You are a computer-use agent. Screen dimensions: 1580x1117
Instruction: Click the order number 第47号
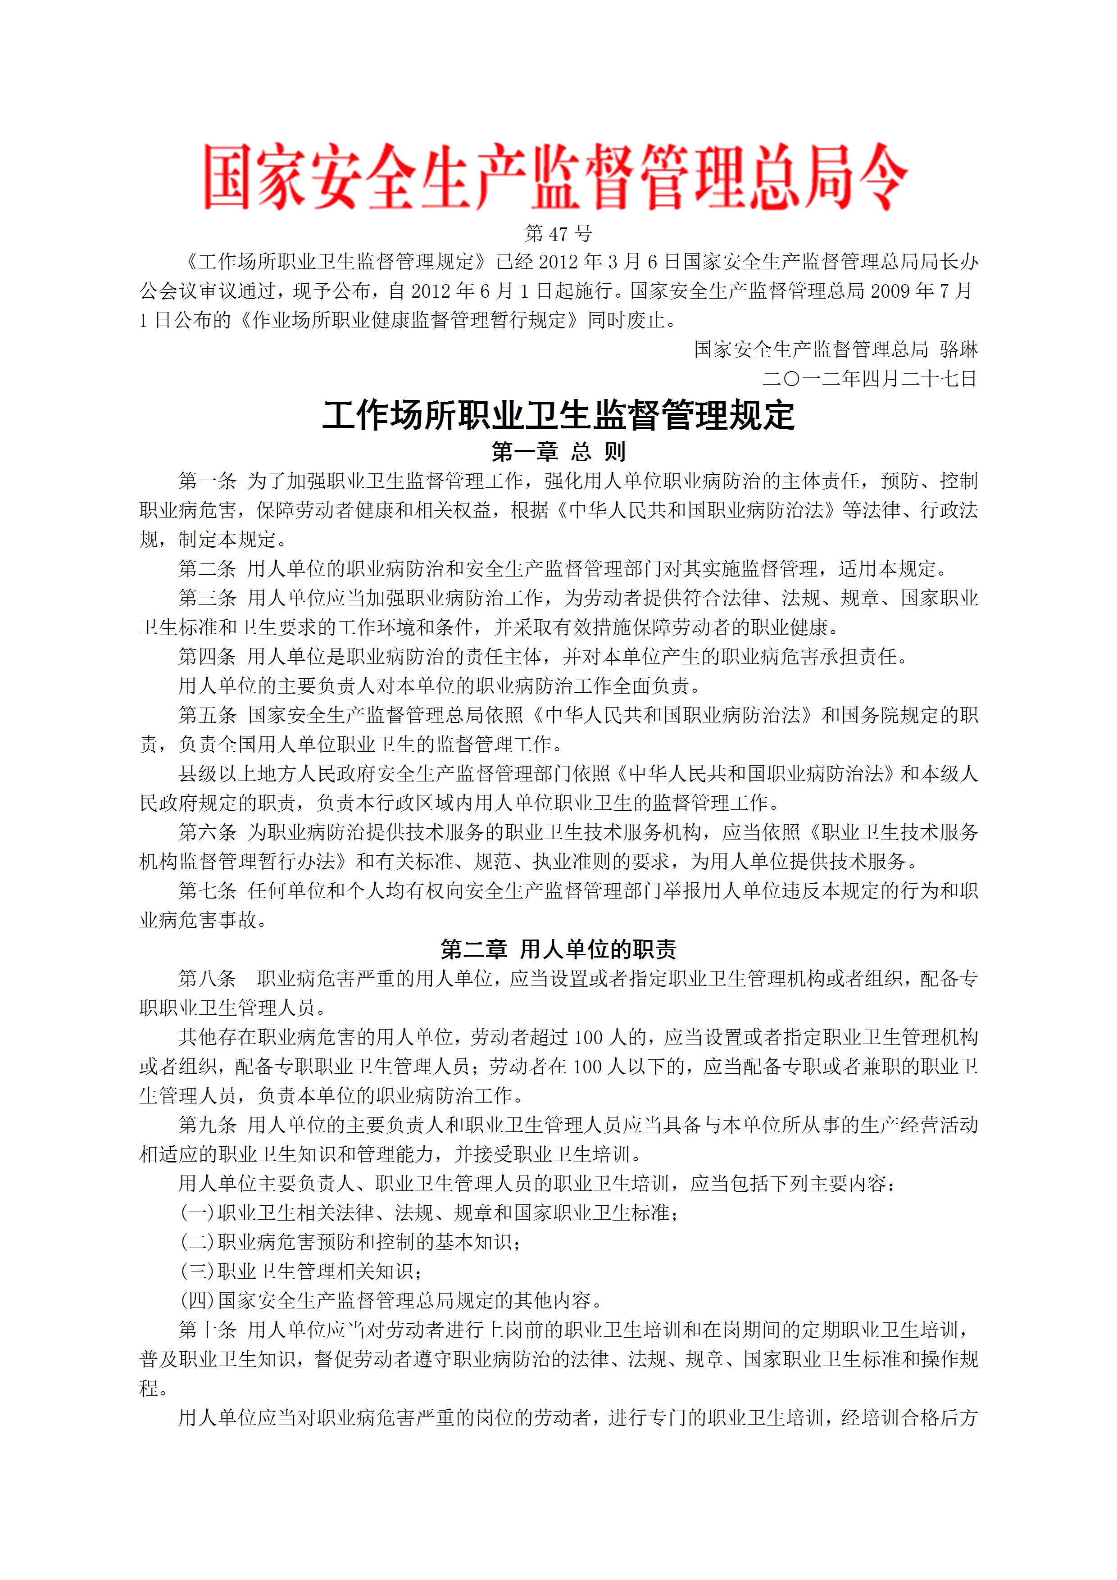pos(558,234)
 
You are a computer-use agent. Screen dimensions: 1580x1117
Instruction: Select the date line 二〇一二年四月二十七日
pos(869,378)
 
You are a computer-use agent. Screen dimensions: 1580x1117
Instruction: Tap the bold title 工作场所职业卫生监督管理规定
pos(558,416)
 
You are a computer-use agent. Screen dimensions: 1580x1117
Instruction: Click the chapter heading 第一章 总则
pos(558,452)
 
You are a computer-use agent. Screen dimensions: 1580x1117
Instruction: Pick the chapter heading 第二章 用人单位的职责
pos(558,949)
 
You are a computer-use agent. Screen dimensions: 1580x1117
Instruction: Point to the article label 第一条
pos(207,481)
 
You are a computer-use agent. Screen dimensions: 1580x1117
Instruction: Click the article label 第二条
pos(207,569)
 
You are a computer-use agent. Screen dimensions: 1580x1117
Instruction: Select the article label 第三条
pos(207,598)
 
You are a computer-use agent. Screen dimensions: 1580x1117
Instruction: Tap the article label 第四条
pos(207,657)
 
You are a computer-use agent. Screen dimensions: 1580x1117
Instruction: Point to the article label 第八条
pos(207,979)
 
